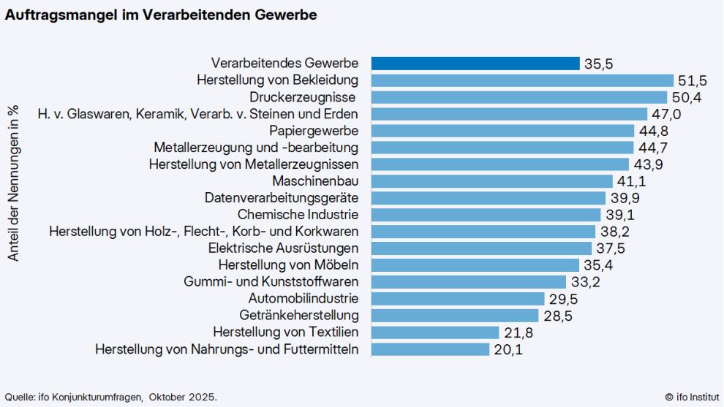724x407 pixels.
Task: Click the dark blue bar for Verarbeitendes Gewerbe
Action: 475,64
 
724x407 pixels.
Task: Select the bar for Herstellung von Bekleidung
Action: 522,80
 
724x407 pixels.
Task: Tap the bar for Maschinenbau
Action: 491,181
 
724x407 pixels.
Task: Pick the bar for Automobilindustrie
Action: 458,299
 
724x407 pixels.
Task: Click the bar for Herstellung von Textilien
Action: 435,332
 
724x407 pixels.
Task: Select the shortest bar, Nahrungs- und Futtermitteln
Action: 430,349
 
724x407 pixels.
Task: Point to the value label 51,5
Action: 693,80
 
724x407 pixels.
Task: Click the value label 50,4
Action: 687,97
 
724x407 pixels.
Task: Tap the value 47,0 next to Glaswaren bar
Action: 666,114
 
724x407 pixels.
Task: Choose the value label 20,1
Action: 508,349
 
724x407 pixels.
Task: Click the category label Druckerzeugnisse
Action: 303,97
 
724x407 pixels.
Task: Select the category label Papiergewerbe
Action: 314,131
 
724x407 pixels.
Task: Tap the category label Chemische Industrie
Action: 298,215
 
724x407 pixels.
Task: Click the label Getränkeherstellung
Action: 299,316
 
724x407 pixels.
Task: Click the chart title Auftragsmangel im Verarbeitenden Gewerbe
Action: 162,15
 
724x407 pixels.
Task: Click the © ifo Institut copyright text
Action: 691,396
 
